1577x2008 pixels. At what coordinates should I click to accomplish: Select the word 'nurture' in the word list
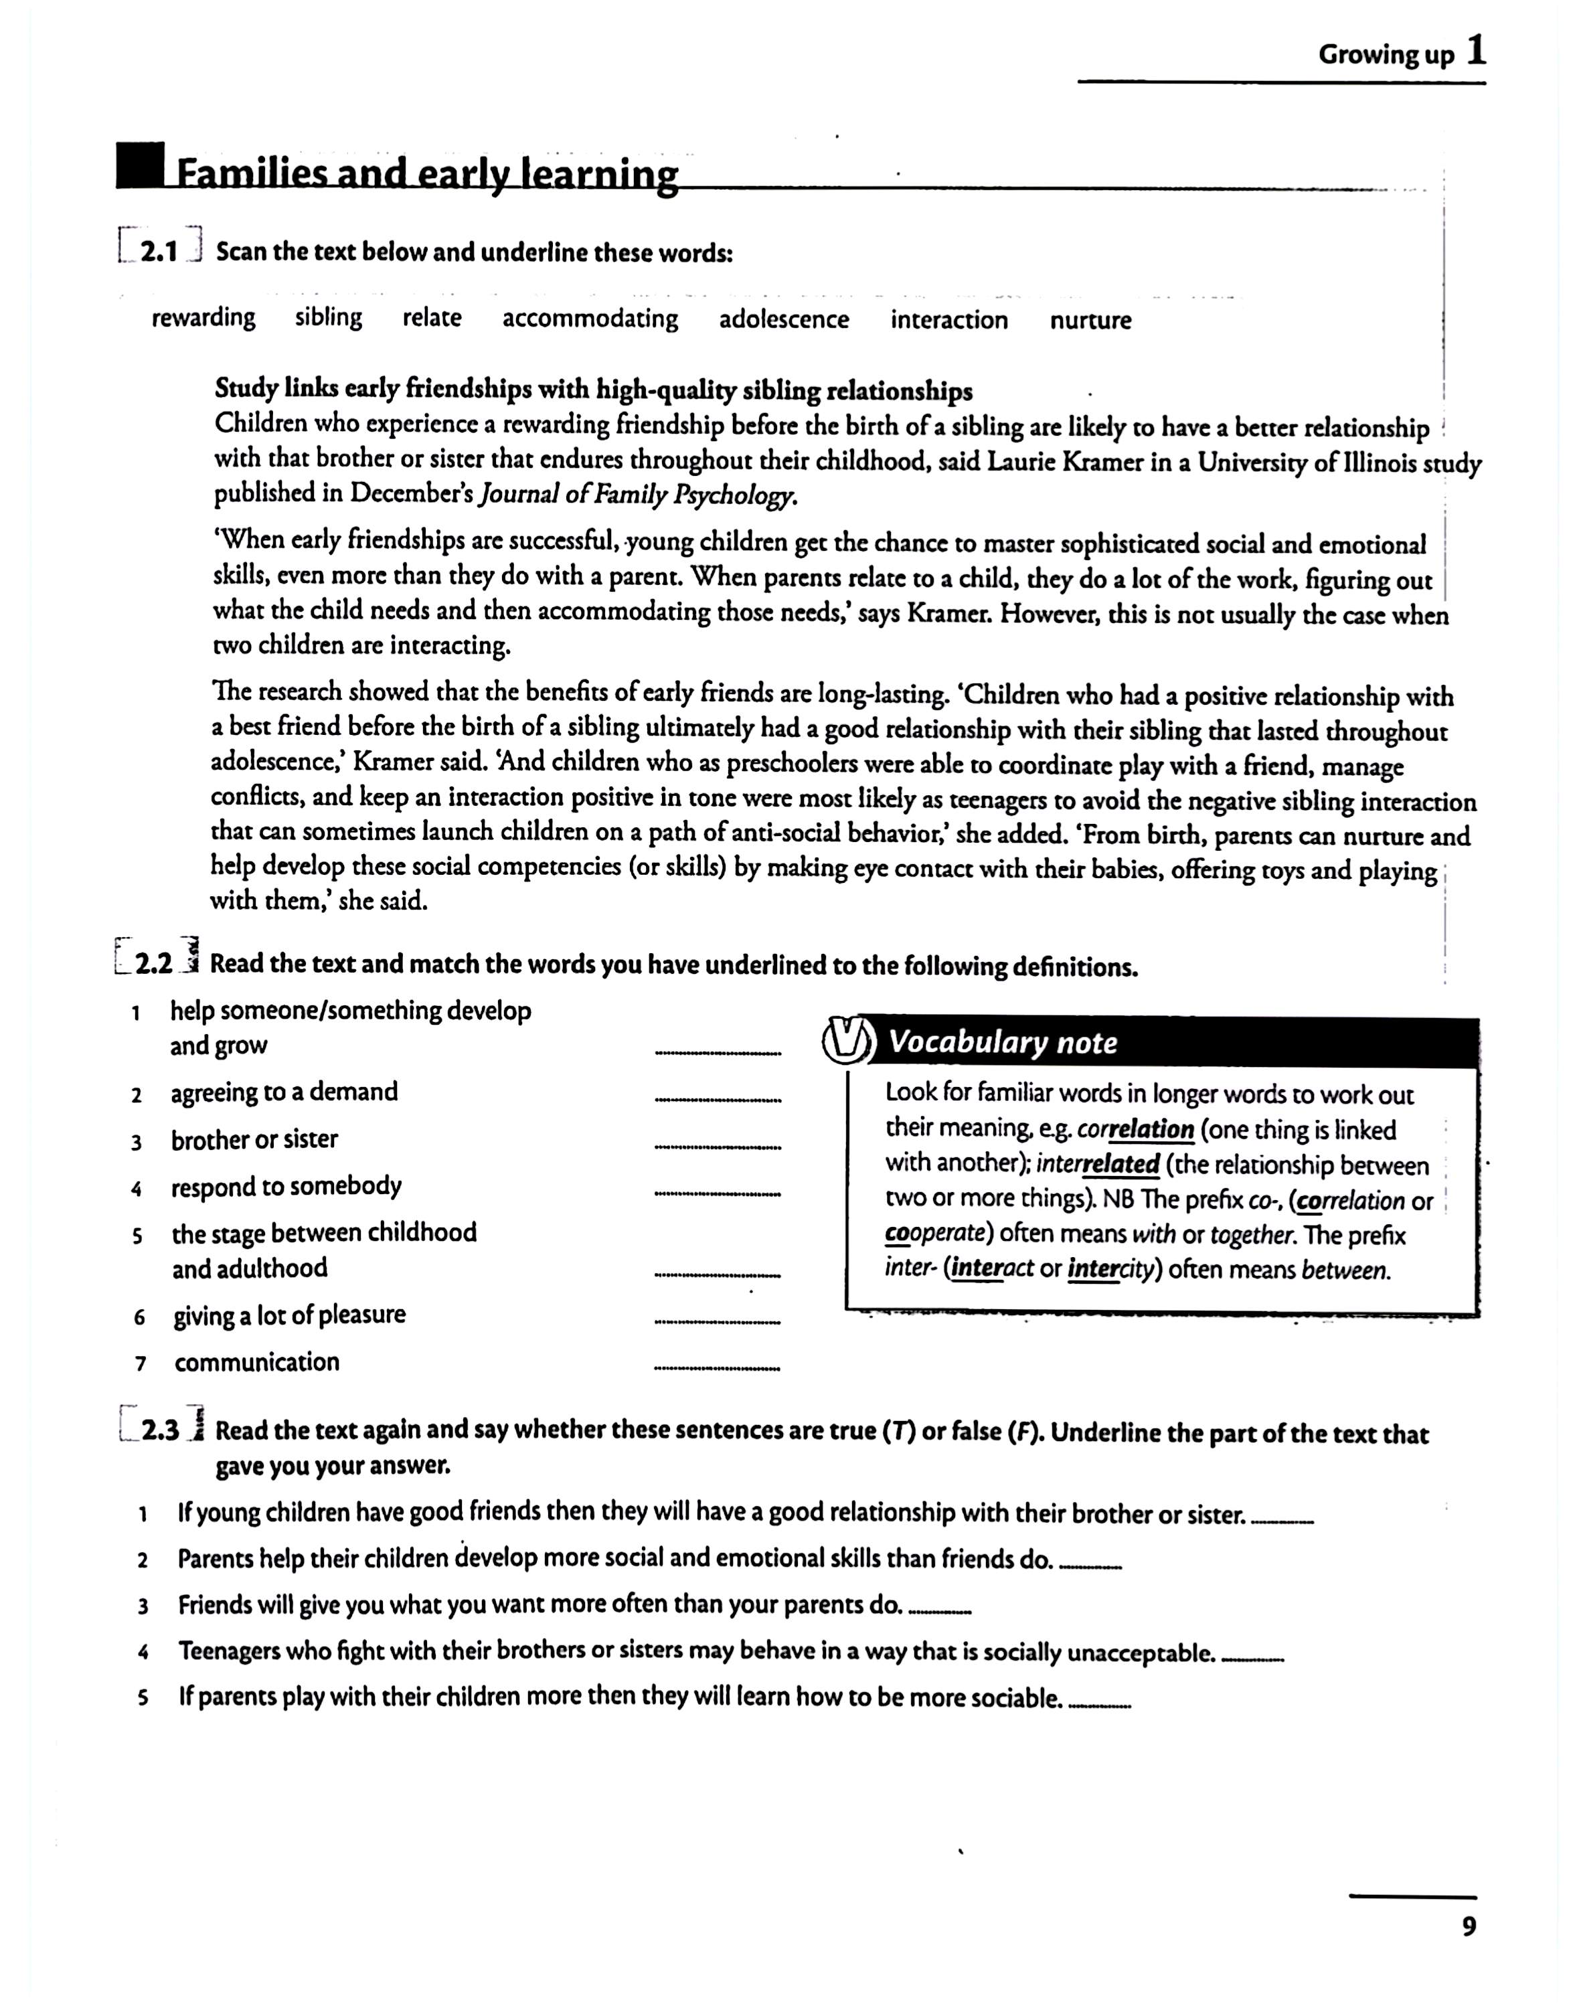pos(1090,321)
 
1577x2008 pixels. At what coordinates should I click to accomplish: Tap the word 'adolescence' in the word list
pos(784,319)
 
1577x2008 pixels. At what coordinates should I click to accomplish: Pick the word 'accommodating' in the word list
pos(590,319)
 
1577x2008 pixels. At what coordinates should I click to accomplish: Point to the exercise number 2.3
pos(161,1430)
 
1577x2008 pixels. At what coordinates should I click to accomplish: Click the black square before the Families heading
pos(141,165)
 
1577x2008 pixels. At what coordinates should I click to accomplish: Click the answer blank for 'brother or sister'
pos(718,1147)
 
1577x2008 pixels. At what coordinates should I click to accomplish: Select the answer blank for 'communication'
pos(718,1368)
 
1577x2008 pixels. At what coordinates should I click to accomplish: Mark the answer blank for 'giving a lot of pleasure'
pos(718,1322)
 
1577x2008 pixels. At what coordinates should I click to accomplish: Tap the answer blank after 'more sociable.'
pos(1100,1707)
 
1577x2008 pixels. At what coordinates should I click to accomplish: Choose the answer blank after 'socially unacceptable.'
pos(1253,1661)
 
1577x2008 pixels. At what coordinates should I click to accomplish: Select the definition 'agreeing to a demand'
pos(284,1092)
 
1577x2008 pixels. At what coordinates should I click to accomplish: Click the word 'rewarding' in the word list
pos(203,317)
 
